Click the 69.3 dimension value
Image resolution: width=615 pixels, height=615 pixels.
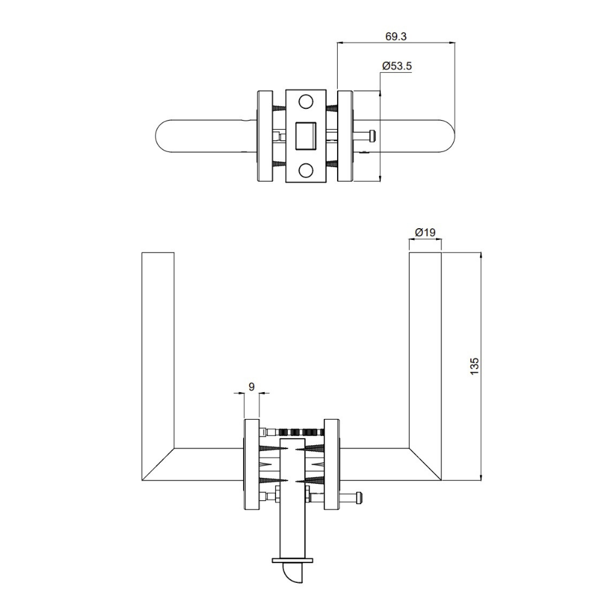tap(396, 37)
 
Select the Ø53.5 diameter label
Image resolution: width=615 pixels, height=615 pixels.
tap(397, 66)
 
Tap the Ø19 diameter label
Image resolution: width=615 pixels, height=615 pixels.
tap(425, 233)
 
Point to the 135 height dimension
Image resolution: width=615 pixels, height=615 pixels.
tap(475, 366)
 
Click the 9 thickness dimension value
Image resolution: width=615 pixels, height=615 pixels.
tap(251, 387)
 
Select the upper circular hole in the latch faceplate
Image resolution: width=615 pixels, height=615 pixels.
tap(306, 102)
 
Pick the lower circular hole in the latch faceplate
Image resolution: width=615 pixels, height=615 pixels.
tap(306, 170)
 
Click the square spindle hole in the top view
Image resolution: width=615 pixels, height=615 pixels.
tap(306, 136)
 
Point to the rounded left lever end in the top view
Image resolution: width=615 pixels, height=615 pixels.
tap(165, 136)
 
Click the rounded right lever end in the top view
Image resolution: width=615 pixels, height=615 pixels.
tap(446, 136)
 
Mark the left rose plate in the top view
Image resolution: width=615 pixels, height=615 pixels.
tap(265, 136)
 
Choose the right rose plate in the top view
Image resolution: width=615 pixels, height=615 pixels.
tap(345, 136)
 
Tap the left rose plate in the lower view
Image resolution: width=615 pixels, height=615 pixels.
tap(252, 464)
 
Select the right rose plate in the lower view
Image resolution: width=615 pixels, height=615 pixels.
tap(332, 464)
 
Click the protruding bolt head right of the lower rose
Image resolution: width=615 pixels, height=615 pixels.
tap(358, 498)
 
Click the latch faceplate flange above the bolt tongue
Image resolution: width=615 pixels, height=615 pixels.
tap(293, 559)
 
